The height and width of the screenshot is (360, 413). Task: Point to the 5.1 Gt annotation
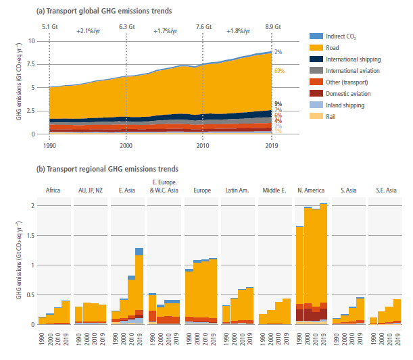click(x=49, y=26)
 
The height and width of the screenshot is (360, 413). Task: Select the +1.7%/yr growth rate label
click(x=165, y=31)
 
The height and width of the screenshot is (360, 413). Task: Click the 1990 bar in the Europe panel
click(x=189, y=297)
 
